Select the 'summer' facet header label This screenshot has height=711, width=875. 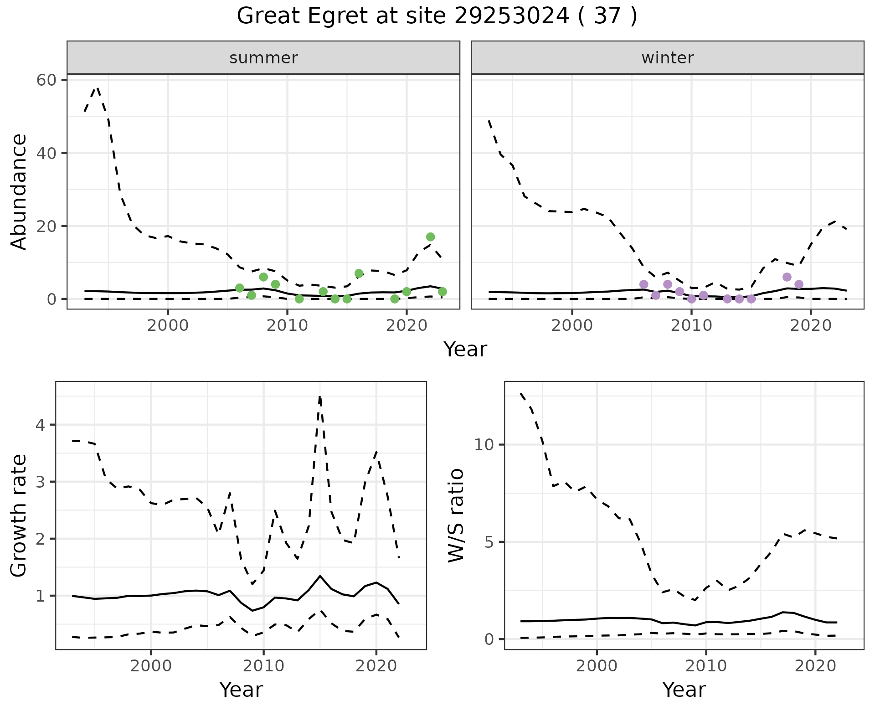(x=263, y=58)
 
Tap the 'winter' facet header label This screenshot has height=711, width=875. (x=667, y=58)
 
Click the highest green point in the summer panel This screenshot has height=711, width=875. (x=430, y=237)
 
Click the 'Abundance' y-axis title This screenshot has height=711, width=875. (x=19, y=192)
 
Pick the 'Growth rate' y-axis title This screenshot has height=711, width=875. (x=19, y=516)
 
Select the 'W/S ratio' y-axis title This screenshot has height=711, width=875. (x=456, y=516)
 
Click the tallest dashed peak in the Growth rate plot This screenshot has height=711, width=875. (x=320, y=397)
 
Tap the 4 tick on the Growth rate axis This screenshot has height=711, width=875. (x=40, y=425)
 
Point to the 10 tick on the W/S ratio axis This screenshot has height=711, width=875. (x=483, y=445)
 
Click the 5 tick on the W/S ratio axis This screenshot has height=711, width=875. (x=488, y=542)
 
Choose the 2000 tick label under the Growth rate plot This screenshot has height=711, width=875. (x=151, y=666)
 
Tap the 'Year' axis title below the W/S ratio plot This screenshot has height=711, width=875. (x=684, y=690)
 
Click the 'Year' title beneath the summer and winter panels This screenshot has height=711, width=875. (x=465, y=350)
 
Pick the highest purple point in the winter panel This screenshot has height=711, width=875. (x=787, y=277)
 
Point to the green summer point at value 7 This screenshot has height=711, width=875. (x=359, y=273)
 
